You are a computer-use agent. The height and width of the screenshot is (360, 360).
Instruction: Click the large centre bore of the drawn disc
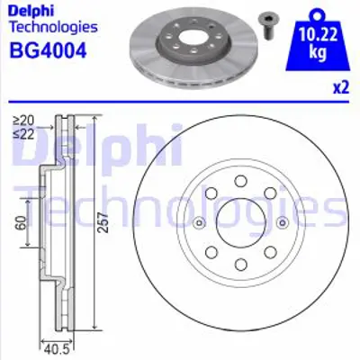coord(238,223)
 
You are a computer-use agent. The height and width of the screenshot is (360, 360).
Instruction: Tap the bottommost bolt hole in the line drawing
coord(238,264)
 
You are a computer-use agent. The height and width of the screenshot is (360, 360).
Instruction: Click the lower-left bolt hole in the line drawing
coord(210,252)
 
